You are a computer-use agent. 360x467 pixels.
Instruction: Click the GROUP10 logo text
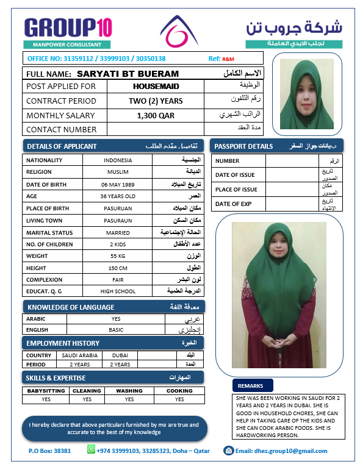[x=68, y=27]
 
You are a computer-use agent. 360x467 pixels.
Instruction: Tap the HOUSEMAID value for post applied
[x=155, y=87]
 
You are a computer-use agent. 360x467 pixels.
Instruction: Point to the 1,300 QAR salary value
[x=155, y=115]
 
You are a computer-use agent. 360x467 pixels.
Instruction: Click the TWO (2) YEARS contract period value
[x=156, y=101]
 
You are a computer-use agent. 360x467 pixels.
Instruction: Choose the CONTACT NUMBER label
[x=62, y=129]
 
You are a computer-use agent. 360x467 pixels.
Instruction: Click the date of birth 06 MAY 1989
[x=117, y=184]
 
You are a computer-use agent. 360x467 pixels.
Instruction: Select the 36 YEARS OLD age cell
[x=117, y=196]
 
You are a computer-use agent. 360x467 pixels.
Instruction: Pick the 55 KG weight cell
[x=117, y=256]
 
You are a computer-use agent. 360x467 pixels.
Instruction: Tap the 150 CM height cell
[x=117, y=268]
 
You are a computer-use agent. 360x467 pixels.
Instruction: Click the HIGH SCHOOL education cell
[x=117, y=291]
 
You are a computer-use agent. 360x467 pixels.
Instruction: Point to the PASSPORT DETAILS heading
[x=244, y=146]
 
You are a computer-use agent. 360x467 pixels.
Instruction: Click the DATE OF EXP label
[x=237, y=204]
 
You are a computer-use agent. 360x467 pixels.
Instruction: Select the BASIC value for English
[x=116, y=330]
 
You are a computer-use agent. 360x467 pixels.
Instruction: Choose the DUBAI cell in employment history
[x=120, y=355]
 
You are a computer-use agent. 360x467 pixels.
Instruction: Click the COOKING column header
[x=179, y=391]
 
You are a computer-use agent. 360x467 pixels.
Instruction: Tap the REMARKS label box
[x=251, y=386]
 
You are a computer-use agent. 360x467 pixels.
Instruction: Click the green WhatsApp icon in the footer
[x=92, y=450]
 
